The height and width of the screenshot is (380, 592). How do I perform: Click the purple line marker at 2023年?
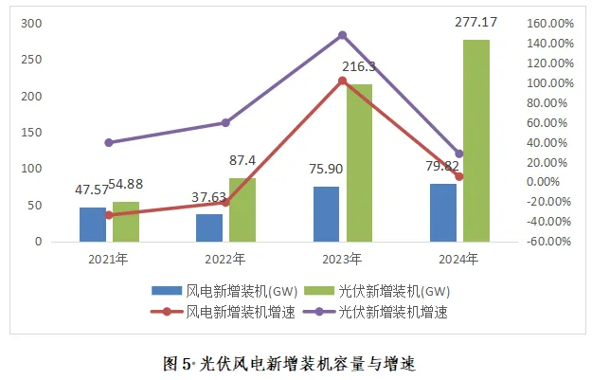coord(342,35)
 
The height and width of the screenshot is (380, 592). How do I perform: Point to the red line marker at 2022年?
coord(225,202)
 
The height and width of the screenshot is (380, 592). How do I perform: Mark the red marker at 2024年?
coord(459,176)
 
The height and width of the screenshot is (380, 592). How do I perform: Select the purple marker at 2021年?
coord(109,142)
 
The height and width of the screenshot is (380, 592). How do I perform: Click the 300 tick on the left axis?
coord(30,23)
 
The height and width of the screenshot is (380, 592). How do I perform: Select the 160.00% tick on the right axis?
coord(547,23)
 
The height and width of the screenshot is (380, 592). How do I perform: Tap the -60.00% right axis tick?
coord(546,241)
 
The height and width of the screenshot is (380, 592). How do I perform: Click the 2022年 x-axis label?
coord(225,259)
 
